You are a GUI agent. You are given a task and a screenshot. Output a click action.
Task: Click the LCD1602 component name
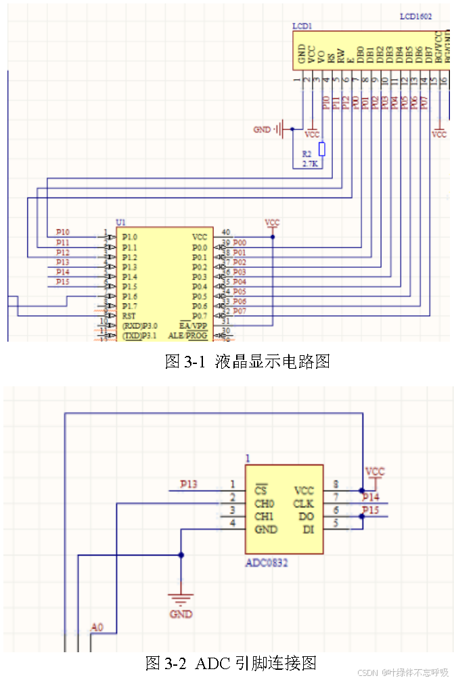[x=414, y=15]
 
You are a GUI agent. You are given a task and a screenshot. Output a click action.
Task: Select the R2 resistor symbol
[x=322, y=150]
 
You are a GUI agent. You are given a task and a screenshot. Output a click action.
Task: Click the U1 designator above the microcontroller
[x=121, y=222]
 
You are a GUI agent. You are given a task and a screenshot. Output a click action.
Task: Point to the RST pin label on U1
[x=129, y=316]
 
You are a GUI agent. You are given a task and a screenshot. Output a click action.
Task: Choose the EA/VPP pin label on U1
[x=193, y=325]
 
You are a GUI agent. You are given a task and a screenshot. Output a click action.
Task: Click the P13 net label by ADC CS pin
[x=189, y=484]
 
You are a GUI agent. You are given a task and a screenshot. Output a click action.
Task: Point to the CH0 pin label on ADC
[x=265, y=503]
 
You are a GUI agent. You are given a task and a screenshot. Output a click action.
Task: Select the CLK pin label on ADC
[x=304, y=503]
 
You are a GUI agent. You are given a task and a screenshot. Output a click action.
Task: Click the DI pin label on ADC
[x=308, y=529]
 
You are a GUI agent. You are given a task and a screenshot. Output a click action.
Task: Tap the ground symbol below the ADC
[x=181, y=599]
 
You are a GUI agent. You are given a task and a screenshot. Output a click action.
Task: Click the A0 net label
[x=97, y=628]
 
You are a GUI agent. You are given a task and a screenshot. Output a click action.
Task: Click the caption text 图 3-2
[x=166, y=662]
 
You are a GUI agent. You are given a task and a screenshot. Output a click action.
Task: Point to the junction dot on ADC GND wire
[x=181, y=555]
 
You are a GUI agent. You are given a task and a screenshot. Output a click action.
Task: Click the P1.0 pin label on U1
[x=130, y=237]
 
